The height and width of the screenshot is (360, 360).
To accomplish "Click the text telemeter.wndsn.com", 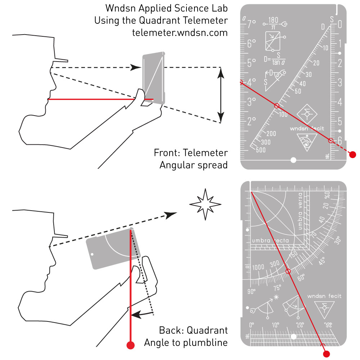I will [x=180, y=32].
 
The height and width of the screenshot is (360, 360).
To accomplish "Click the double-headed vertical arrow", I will [x=221, y=95].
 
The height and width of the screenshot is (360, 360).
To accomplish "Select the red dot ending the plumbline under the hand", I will [x=131, y=345].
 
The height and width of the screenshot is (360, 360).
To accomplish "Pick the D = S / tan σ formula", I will [x=275, y=59].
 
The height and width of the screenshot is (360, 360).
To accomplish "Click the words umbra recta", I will [x=273, y=240].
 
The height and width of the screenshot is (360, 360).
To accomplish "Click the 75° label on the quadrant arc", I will [x=277, y=288].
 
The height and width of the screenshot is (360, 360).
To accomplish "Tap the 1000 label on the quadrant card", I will [x=258, y=267].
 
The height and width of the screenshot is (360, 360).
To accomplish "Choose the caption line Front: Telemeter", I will [x=191, y=153].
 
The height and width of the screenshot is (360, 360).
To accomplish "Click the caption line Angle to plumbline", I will [x=186, y=342].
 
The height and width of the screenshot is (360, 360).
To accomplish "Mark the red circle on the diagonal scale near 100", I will [x=276, y=106].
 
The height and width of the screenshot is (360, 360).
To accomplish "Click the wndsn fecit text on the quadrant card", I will [x=324, y=296].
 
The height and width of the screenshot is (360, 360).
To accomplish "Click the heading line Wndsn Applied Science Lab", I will [x=167, y=8].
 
